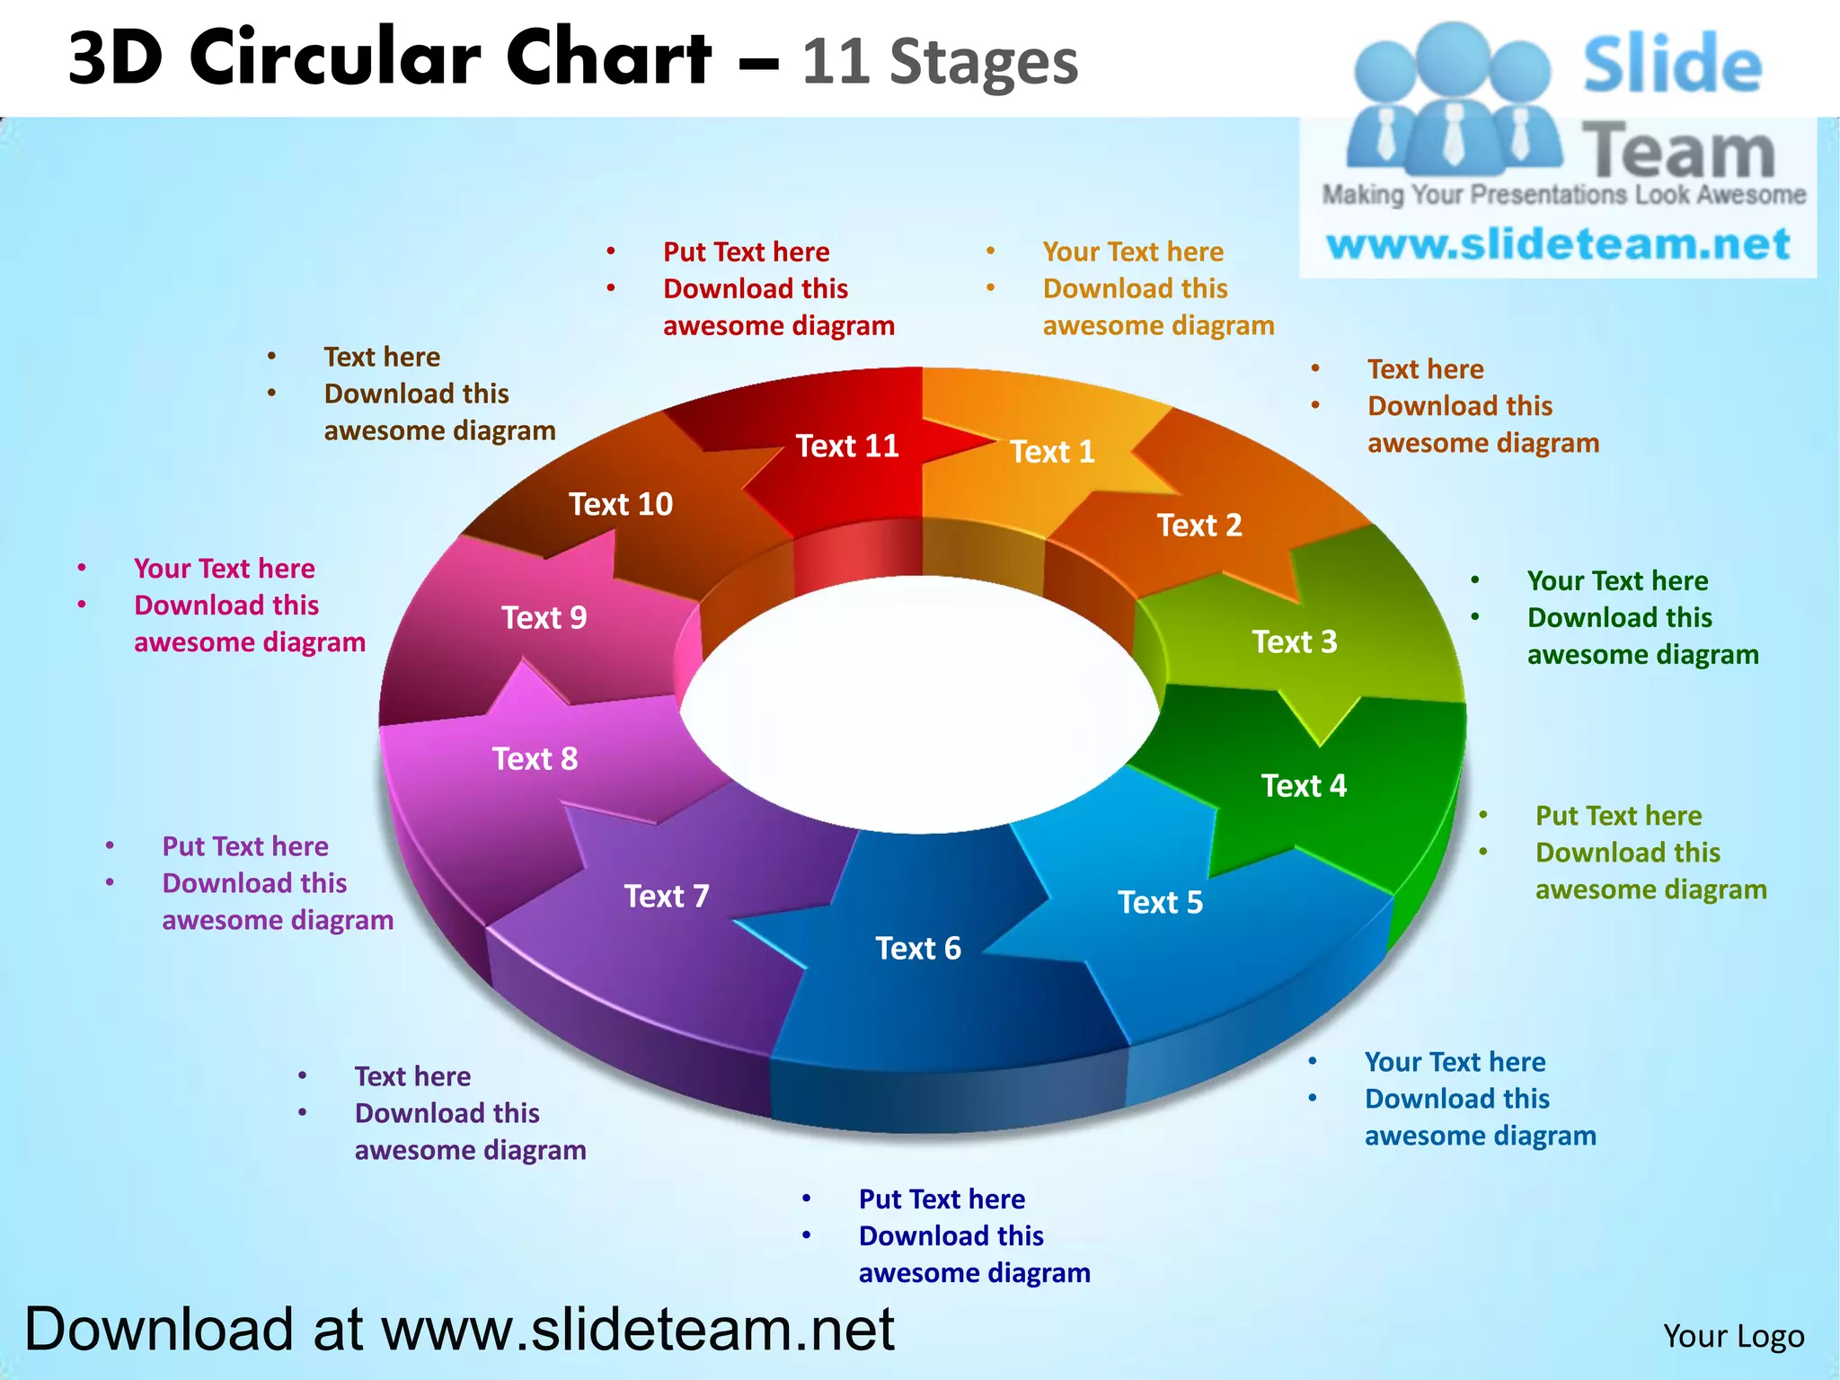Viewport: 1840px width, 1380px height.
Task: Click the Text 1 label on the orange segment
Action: [1052, 451]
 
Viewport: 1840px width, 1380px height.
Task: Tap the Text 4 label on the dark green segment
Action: [1304, 786]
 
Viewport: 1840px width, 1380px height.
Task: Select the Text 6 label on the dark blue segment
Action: [918, 948]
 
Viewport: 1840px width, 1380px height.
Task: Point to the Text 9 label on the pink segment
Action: [544, 618]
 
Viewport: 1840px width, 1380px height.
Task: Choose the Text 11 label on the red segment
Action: [847, 446]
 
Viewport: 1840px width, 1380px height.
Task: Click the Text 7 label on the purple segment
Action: [667, 896]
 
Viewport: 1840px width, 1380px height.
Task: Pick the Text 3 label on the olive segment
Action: [1295, 641]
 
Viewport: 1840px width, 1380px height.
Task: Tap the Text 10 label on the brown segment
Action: [621, 504]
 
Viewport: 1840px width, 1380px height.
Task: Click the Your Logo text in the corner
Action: [1733, 1336]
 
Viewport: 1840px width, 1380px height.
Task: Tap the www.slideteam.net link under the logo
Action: [1558, 244]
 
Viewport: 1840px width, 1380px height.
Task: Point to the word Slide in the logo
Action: [1672, 65]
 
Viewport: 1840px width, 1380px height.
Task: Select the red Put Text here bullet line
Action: [746, 252]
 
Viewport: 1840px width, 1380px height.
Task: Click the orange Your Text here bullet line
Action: [1133, 252]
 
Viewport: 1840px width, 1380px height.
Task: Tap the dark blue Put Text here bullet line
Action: [942, 1199]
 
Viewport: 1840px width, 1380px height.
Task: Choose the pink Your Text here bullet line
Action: [225, 568]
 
